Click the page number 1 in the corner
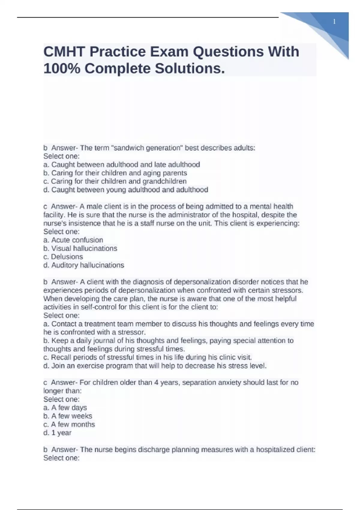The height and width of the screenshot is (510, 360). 334,22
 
